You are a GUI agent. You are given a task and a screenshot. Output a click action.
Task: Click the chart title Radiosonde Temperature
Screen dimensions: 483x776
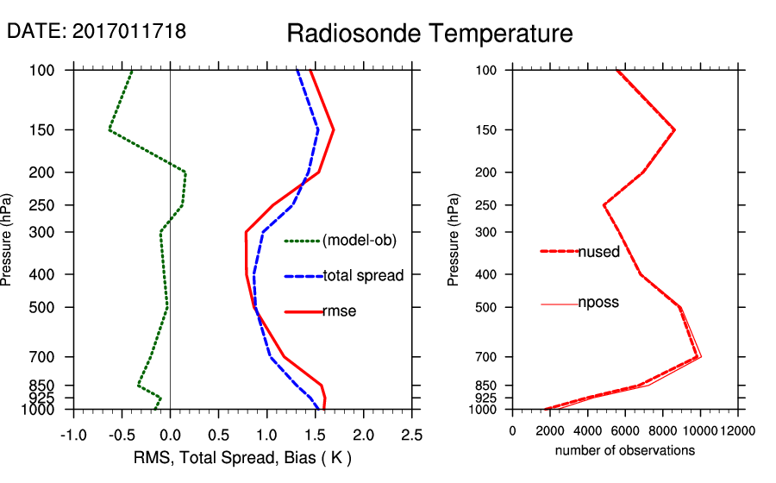click(429, 34)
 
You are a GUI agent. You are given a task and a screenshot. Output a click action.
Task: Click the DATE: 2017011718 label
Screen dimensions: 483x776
click(97, 32)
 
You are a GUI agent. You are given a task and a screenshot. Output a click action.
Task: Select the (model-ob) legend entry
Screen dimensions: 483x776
click(359, 241)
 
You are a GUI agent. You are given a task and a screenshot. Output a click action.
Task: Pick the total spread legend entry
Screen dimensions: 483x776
click(363, 276)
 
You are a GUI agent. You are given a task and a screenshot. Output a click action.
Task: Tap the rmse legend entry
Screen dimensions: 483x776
click(339, 311)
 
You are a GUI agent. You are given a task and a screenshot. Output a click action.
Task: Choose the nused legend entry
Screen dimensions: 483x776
click(598, 251)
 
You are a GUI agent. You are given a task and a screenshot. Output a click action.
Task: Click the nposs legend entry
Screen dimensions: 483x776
click(598, 303)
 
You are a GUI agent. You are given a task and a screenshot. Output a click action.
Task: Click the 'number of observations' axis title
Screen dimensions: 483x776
click(625, 450)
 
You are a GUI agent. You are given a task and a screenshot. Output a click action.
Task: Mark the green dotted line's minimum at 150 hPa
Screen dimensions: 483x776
click(110, 130)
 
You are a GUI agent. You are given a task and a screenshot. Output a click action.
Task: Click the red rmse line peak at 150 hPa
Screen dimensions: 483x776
click(333, 130)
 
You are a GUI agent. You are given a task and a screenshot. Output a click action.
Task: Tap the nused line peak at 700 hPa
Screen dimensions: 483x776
click(698, 356)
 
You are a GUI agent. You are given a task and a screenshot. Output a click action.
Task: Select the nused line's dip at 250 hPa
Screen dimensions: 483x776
click(604, 205)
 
